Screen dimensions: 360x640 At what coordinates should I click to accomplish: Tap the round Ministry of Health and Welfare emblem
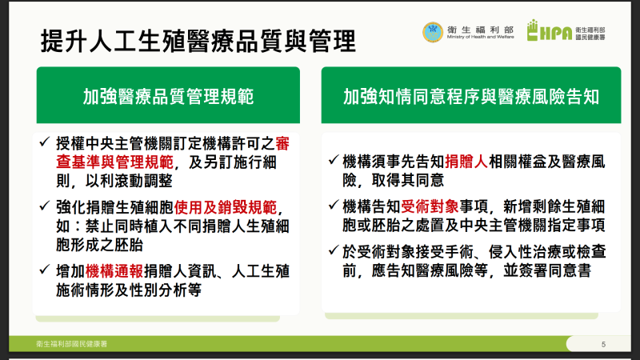coord(431,31)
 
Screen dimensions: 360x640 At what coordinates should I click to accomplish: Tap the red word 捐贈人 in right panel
coord(469,159)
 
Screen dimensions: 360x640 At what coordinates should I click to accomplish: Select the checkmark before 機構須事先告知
coord(336,159)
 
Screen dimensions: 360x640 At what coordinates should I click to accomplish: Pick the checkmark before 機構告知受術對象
coord(336,205)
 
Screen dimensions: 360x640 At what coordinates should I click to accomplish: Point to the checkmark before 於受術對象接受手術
coord(336,250)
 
